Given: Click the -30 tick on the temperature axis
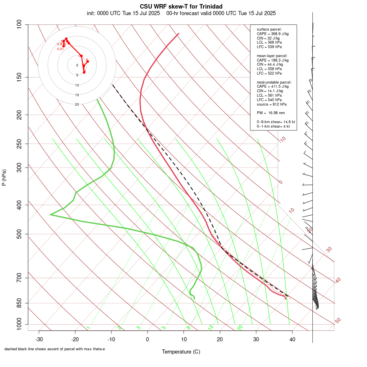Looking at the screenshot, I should click(39, 339).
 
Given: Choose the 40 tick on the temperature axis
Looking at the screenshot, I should click(292, 339).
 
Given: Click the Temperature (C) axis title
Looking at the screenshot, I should click(181, 352).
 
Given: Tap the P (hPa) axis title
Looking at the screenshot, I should click(4, 177).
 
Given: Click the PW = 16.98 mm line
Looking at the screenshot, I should click(271, 113).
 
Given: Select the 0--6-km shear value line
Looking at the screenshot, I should click(276, 122).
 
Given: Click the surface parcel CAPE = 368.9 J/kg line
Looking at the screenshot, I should click(272, 34).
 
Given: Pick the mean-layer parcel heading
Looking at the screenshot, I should click(272, 55).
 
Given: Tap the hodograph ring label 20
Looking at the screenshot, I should click(77, 104).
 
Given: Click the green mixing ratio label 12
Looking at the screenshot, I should click(210, 327).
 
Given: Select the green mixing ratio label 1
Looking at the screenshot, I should click(88, 328).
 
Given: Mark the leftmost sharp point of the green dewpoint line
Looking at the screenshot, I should click(51, 214).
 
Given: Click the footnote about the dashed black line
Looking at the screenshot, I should click(55, 349).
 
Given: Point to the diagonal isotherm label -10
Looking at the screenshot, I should click(282, 139).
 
